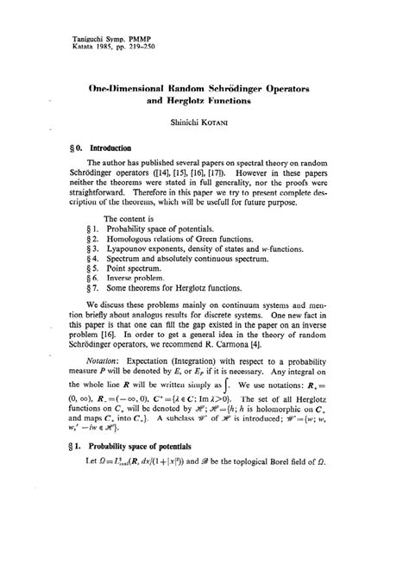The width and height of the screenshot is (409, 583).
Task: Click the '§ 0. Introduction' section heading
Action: click(88, 147)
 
